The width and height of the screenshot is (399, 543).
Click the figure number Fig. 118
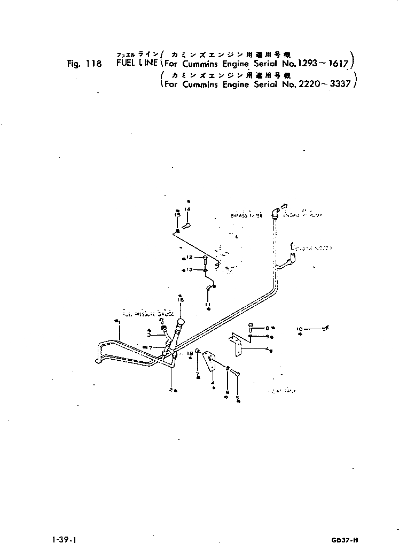pos(84,63)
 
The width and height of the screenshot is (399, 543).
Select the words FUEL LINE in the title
pos(136,63)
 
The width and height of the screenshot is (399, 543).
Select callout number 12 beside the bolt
pos(189,257)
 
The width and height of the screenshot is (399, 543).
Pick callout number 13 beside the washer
pos(190,270)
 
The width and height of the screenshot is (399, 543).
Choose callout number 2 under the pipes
pos(170,389)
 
